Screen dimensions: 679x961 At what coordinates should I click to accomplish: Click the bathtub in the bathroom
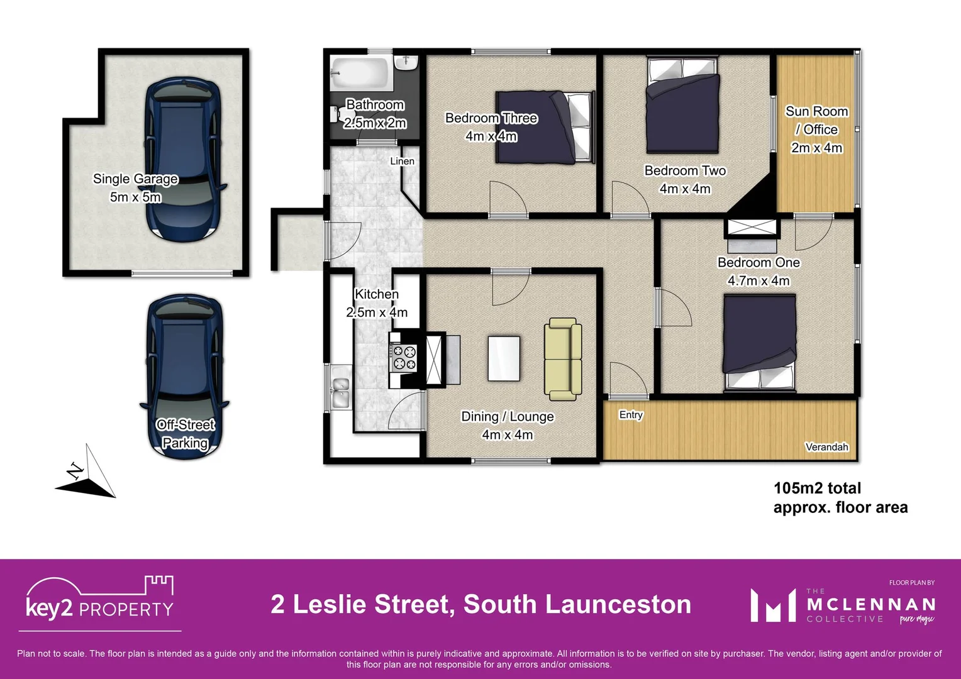point(358,75)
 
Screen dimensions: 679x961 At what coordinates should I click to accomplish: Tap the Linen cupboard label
point(402,162)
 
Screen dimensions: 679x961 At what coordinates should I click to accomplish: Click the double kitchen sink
point(340,392)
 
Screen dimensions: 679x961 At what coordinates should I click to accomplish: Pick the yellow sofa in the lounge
point(563,359)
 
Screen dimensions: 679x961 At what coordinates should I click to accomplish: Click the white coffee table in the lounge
point(504,358)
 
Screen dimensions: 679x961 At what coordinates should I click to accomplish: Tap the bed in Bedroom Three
point(545,126)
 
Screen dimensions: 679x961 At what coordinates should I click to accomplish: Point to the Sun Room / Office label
point(816,129)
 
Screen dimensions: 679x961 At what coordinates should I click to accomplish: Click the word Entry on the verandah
point(631,415)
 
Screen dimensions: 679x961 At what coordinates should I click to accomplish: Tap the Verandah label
point(826,447)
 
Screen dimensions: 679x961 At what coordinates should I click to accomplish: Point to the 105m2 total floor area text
point(840,497)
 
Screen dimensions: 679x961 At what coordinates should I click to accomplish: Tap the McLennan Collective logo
point(843,605)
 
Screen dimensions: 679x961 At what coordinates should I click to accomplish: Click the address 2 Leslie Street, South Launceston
point(481,604)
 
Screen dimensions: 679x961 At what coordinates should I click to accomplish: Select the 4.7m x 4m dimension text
point(758,281)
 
